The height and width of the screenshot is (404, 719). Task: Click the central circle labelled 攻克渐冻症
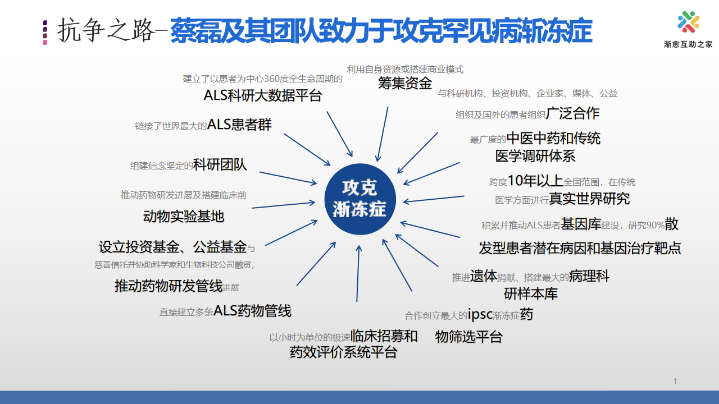(x=360, y=199)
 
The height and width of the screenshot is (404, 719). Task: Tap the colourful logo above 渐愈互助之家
(x=688, y=22)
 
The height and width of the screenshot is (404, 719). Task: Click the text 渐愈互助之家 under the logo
(x=688, y=44)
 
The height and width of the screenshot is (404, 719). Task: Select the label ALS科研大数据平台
(x=262, y=95)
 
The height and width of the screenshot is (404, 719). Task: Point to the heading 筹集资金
(x=405, y=83)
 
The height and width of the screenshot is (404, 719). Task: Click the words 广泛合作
(x=572, y=113)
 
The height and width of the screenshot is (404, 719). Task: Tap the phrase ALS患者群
(x=239, y=125)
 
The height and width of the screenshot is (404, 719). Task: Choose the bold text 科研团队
(x=220, y=165)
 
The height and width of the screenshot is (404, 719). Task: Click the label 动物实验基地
(x=183, y=216)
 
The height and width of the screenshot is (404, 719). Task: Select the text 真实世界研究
(x=589, y=199)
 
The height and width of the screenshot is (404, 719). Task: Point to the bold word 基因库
(x=581, y=224)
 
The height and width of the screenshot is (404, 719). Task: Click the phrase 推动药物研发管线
(x=169, y=286)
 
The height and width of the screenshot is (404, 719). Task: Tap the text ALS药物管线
(x=252, y=311)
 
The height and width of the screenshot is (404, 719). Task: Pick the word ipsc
(x=480, y=314)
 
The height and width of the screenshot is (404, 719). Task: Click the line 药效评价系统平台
(x=343, y=352)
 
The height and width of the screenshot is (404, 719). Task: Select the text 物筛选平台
(x=468, y=337)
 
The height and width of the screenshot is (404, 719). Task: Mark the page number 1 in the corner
(x=675, y=381)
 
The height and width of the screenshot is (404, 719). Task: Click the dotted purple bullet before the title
(x=45, y=33)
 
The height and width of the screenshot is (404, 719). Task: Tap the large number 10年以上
(x=535, y=181)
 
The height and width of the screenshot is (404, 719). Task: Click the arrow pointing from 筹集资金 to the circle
(x=382, y=134)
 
